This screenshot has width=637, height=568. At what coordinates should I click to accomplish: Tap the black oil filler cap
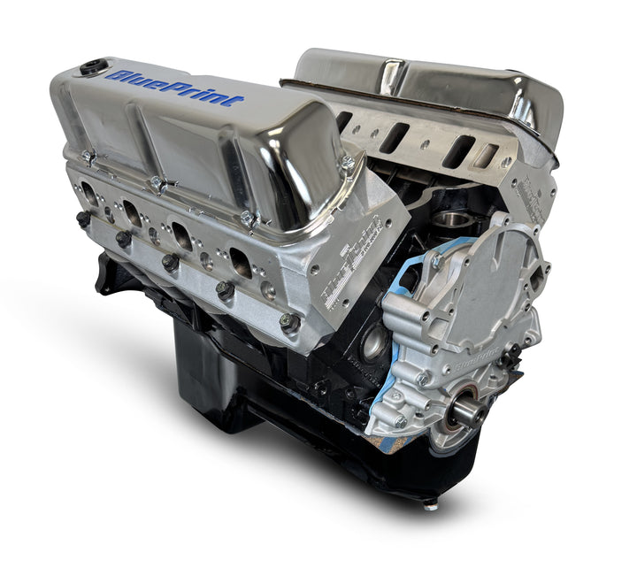[x=92, y=67]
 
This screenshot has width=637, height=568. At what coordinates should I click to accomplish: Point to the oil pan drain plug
[x=431, y=505]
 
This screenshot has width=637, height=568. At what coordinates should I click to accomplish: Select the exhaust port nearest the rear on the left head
[x=89, y=194]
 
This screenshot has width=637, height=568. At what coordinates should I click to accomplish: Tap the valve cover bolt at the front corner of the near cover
[x=347, y=163]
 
